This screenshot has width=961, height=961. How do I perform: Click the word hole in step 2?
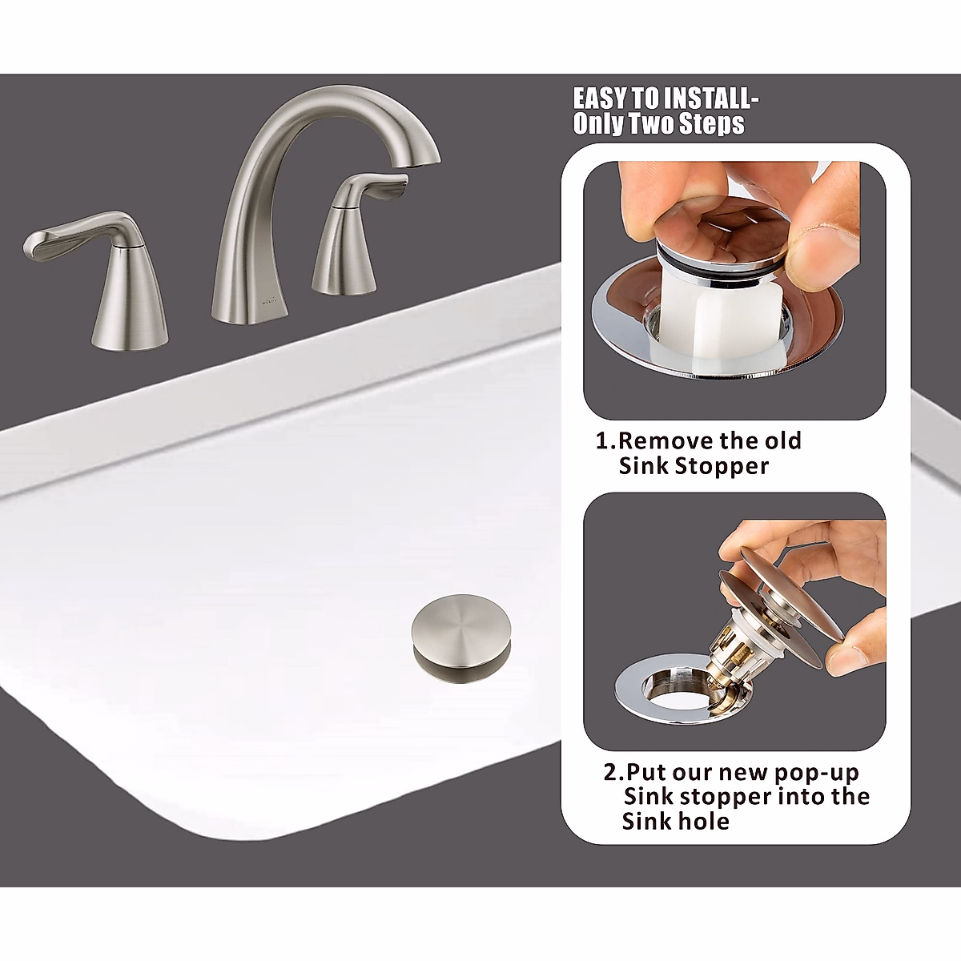tap(702, 822)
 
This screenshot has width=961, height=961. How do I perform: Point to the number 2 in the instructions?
tap(610, 773)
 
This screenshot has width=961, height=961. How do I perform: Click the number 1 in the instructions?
tap(603, 441)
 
